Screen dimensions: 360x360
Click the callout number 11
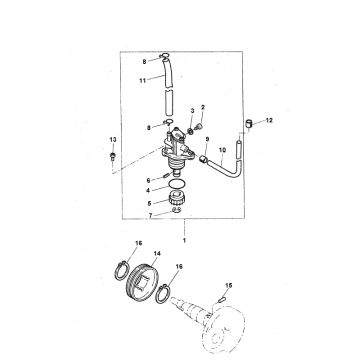pyautogui.click(x=143, y=78)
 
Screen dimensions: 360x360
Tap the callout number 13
pyautogui.click(x=113, y=137)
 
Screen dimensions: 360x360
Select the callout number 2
pyautogui.click(x=204, y=105)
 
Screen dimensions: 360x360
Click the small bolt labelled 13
pyautogui.click(x=113, y=155)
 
